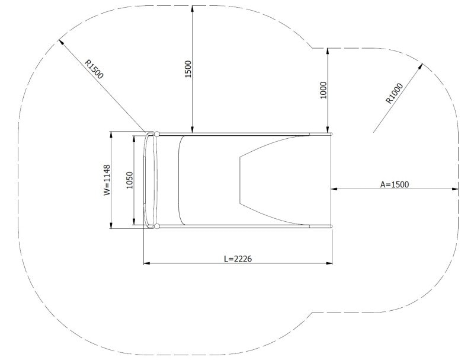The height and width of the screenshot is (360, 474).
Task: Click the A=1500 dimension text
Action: click(394, 184)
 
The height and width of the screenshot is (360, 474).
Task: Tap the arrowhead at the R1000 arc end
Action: click(422, 66)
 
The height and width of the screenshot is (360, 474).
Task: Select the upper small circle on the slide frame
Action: click(157, 133)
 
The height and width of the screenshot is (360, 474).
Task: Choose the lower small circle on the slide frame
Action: click(157, 226)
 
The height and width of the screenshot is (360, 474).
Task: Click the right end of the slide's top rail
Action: click(332, 134)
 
